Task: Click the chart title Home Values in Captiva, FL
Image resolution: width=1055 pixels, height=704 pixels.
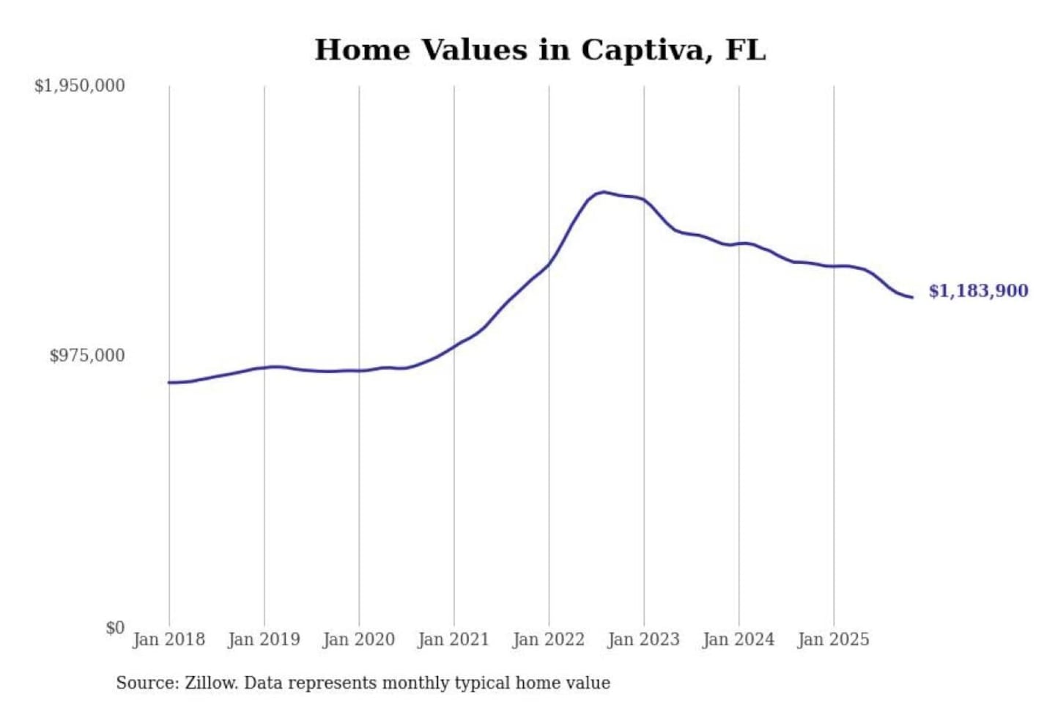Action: click(x=540, y=50)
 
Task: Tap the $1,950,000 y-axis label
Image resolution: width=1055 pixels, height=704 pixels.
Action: click(x=80, y=86)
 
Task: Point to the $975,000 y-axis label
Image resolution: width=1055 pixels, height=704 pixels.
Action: click(x=87, y=356)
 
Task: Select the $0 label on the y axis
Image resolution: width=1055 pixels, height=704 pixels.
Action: click(x=115, y=628)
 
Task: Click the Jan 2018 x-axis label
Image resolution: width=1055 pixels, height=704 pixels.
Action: click(x=169, y=639)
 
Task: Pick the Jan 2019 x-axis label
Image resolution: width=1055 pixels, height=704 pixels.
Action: click(x=264, y=639)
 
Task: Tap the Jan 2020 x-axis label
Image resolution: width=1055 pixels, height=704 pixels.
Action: click(x=359, y=639)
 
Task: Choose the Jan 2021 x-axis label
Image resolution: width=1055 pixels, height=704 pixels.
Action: click(x=454, y=639)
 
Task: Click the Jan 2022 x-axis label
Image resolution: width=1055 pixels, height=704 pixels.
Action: click(x=549, y=639)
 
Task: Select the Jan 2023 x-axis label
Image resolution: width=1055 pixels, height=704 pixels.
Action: click(x=644, y=639)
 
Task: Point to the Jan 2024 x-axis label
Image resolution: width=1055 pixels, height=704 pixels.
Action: click(x=738, y=639)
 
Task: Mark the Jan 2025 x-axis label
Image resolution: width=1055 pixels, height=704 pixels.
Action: click(x=834, y=639)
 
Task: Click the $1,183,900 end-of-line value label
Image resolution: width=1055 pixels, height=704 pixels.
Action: click(x=978, y=291)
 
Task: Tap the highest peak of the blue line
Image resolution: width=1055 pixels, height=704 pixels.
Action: click(x=603, y=192)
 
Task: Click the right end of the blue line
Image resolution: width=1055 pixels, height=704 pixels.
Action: click(x=912, y=297)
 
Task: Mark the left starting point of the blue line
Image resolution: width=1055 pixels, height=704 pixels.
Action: click(x=169, y=383)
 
